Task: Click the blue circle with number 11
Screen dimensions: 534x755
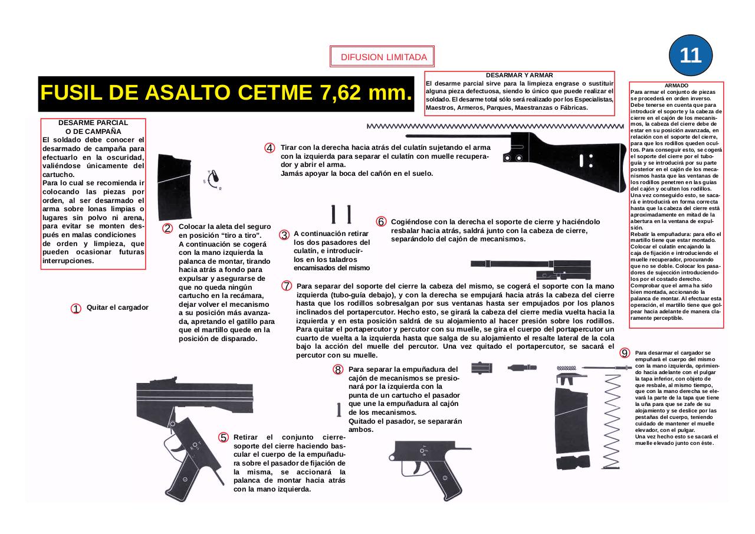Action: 691,55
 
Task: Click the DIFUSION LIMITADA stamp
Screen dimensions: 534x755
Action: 382,57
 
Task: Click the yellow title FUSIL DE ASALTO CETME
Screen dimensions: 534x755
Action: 225,93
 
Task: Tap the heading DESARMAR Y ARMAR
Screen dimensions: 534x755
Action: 519,76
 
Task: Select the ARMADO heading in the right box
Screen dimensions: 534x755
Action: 676,86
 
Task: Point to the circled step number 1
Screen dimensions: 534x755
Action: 76,309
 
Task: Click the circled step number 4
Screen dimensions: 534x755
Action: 269,148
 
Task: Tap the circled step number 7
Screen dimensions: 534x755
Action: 287,286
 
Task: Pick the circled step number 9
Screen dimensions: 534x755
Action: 624,353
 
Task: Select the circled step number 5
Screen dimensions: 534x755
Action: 224,437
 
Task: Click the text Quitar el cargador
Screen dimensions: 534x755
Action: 117,307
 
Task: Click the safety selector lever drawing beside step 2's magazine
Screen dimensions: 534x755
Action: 215,176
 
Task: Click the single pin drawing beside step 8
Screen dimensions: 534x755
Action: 339,409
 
